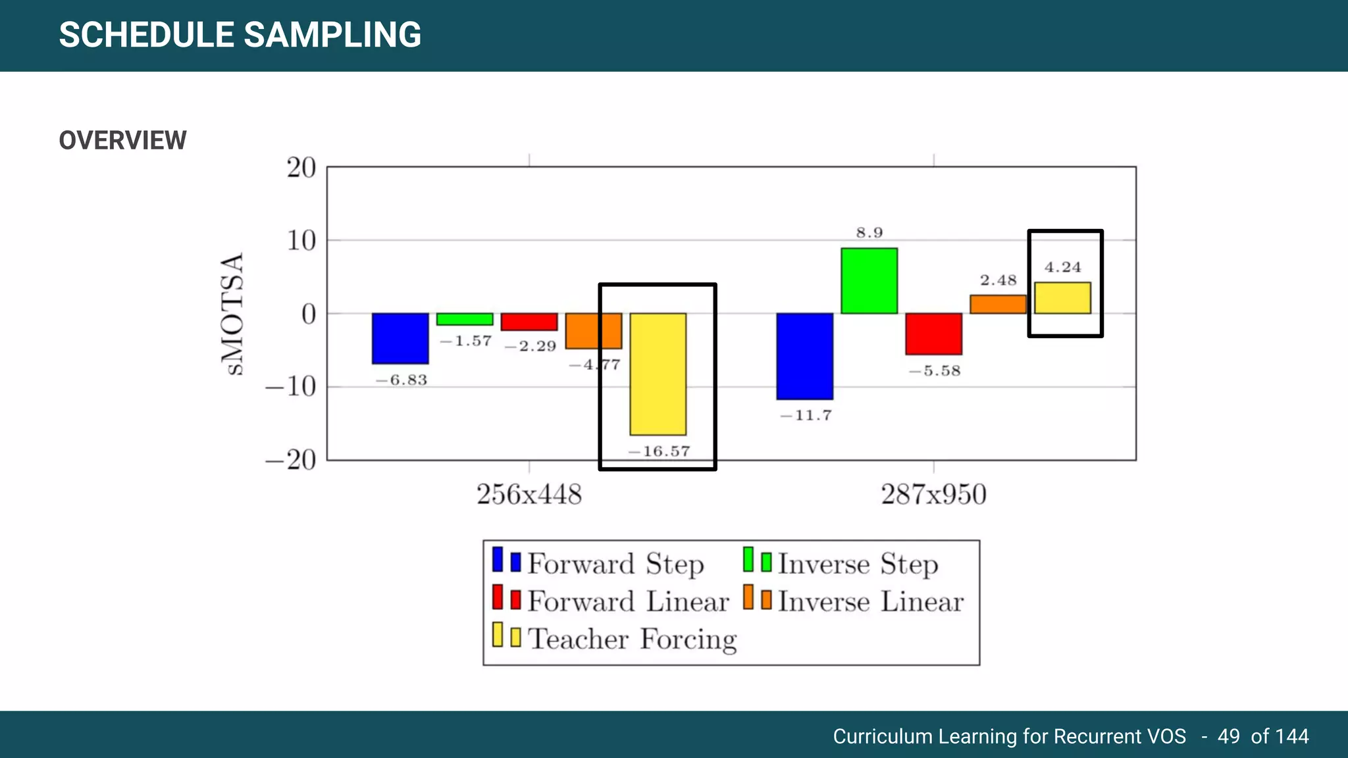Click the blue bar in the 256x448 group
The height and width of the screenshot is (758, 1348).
pyautogui.click(x=400, y=338)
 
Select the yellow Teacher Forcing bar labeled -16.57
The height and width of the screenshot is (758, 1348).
pyautogui.click(x=658, y=374)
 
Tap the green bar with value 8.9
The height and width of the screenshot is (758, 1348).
pyautogui.click(x=869, y=280)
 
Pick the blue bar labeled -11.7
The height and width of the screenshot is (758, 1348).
pyautogui.click(x=804, y=356)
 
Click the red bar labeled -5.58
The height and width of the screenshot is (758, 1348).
pyautogui.click(x=933, y=334)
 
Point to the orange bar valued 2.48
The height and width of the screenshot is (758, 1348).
pyautogui.click(x=998, y=304)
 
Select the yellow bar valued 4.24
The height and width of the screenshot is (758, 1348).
pyautogui.click(x=1062, y=298)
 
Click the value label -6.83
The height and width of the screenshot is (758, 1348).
pyautogui.click(x=402, y=380)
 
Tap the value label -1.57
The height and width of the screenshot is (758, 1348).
pyautogui.click(x=466, y=341)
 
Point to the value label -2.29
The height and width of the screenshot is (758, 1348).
pyautogui.click(x=531, y=347)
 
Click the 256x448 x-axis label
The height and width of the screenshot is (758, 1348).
pyautogui.click(x=529, y=495)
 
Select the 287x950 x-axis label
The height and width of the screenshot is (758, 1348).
pyautogui.click(x=933, y=495)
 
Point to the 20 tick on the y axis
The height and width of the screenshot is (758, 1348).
pyautogui.click(x=301, y=168)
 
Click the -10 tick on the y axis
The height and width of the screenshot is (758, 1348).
pyautogui.click(x=292, y=387)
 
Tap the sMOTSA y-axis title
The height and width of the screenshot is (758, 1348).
pyautogui.click(x=232, y=313)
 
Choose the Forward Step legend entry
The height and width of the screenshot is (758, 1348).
pyautogui.click(x=615, y=564)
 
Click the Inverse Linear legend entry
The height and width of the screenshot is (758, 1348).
pyautogui.click(x=870, y=601)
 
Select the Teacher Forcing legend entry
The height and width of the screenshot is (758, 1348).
pyautogui.click(x=632, y=639)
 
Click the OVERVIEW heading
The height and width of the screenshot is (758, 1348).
pyautogui.click(x=123, y=140)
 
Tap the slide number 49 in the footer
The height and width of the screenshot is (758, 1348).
pyautogui.click(x=1228, y=736)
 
